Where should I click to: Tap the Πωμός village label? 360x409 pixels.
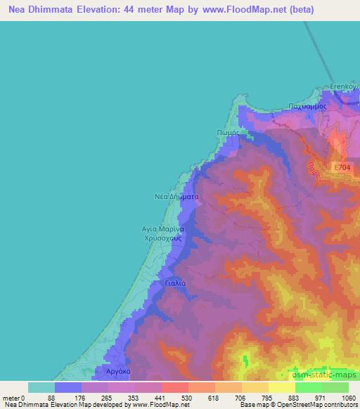(229, 131)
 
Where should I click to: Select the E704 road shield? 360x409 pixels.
(342, 167)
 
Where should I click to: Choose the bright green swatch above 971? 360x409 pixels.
(309, 387)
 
